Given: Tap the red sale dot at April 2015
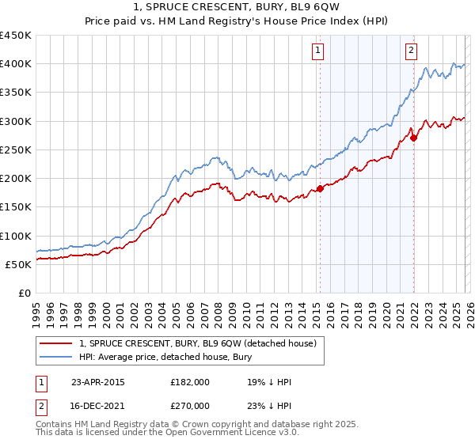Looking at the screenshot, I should pyautogui.click(x=320, y=188).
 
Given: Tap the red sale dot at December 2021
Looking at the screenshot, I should pyautogui.click(x=413, y=138).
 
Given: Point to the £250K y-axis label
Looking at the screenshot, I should pyautogui.click(x=17, y=150).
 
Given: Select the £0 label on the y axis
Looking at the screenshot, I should pyautogui.click(x=24, y=293).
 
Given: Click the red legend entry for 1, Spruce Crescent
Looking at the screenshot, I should pyautogui.click(x=198, y=343).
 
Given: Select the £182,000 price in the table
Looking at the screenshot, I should pyautogui.click(x=190, y=382).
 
